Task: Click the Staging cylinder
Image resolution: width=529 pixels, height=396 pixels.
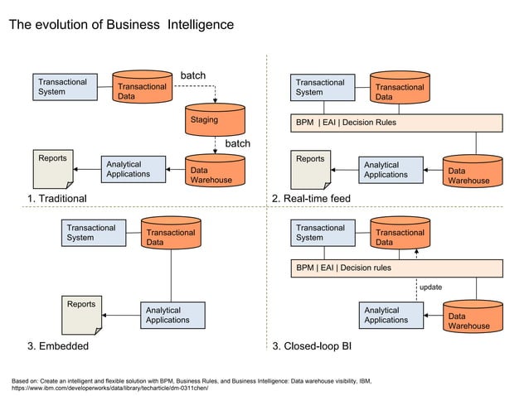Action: (x=215, y=120)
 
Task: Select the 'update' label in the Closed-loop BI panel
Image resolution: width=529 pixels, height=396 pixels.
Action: (x=430, y=287)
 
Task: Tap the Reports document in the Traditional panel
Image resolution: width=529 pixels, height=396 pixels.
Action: (x=53, y=169)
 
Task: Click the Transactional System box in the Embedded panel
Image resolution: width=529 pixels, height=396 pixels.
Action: (x=95, y=233)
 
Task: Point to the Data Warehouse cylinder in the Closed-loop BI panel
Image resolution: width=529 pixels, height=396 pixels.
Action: (x=473, y=317)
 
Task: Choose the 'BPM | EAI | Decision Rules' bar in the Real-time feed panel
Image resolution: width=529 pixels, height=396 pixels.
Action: (x=397, y=123)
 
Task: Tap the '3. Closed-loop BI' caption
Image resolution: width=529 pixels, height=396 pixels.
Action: (x=312, y=345)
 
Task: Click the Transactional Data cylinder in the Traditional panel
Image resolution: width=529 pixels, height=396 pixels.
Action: (x=142, y=87)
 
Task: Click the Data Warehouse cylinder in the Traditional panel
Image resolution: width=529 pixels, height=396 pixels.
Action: (x=215, y=171)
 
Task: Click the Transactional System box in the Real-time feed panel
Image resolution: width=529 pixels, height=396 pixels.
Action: (x=324, y=87)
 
